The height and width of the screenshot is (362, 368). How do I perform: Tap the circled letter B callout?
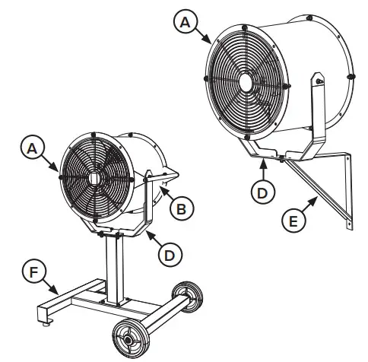180,208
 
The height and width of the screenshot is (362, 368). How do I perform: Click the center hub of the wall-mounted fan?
249,79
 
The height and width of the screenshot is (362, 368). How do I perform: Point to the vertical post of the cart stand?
116,266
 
